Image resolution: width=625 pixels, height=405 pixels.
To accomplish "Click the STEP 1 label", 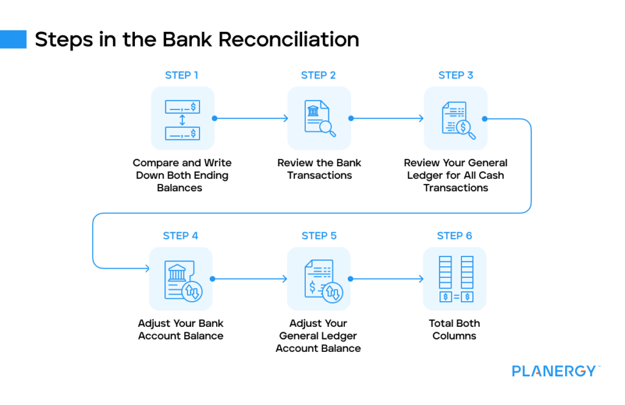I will click(x=181, y=75).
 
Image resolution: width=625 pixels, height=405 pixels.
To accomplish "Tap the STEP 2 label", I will click(x=318, y=75).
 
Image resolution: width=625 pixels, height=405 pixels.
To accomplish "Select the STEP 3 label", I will click(x=455, y=75).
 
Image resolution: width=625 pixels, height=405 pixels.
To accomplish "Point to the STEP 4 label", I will click(x=181, y=236).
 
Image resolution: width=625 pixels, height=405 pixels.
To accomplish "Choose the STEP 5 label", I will click(x=319, y=236).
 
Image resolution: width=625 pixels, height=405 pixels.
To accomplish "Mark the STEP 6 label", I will click(x=455, y=236).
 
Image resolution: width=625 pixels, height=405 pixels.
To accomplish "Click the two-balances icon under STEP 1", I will click(x=182, y=119).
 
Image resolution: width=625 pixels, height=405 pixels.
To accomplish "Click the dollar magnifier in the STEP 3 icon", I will click(x=465, y=128).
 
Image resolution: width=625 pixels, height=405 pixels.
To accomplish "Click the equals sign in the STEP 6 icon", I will click(x=455, y=297).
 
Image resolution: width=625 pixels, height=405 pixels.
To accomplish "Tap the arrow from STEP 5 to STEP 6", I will click(x=388, y=279).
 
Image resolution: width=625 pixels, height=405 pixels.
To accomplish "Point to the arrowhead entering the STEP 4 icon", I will click(x=147, y=268).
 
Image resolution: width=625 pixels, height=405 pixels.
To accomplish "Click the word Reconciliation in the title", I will click(x=289, y=39).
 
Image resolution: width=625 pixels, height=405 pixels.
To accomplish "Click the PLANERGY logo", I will click(x=554, y=371).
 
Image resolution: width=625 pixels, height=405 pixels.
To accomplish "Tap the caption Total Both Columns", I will click(x=455, y=330).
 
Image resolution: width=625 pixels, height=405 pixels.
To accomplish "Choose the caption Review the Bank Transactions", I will click(x=319, y=169).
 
